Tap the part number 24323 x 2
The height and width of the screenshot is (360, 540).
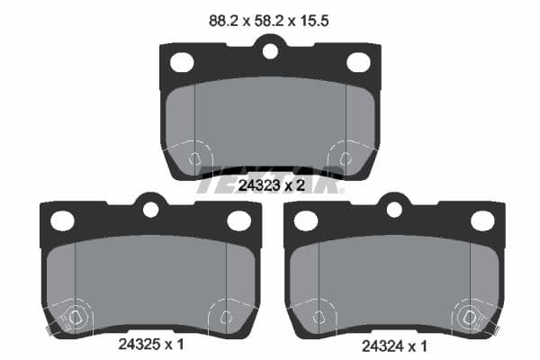[270, 185]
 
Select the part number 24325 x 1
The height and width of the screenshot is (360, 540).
[151, 344]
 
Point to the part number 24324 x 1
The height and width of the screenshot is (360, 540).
[394, 344]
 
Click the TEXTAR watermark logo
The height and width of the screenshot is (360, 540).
[270, 180]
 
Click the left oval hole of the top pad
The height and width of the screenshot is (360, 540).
[183, 62]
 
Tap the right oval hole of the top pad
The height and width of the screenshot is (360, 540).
[358, 62]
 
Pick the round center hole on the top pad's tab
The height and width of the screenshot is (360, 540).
[270, 50]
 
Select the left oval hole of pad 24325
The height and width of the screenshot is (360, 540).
[63, 220]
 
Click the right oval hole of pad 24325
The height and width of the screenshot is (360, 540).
[238, 220]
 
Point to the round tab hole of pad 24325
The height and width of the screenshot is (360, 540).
[150, 209]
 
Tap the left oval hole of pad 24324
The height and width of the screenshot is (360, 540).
[307, 220]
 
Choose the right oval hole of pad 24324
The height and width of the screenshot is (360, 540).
[482, 220]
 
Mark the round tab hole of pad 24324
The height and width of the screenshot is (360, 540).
[394, 209]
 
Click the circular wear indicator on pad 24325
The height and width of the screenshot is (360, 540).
[74, 318]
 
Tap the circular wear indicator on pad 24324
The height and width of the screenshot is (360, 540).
[469, 318]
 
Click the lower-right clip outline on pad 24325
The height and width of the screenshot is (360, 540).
[226, 316]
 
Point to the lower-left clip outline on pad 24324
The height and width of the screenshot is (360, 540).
[317, 316]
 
